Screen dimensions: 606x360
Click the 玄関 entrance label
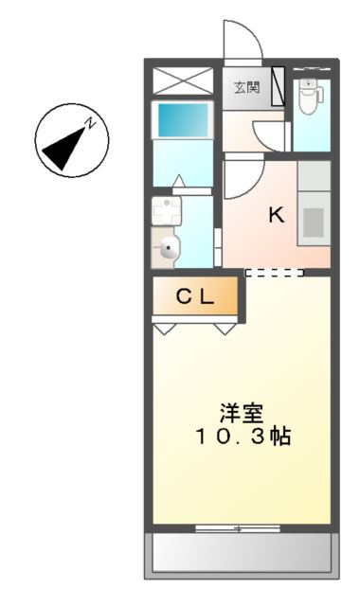[x=247, y=87]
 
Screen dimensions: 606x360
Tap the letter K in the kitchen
[x=276, y=215]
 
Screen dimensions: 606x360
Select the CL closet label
[x=194, y=296]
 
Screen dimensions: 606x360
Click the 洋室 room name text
[x=242, y=414]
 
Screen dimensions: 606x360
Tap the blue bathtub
[x=183, y=121]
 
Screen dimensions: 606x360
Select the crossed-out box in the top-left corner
[x=184, y=80]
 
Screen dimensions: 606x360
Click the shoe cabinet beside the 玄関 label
[x=277, y=87]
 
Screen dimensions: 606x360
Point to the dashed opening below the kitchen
[x=274, y=273]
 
